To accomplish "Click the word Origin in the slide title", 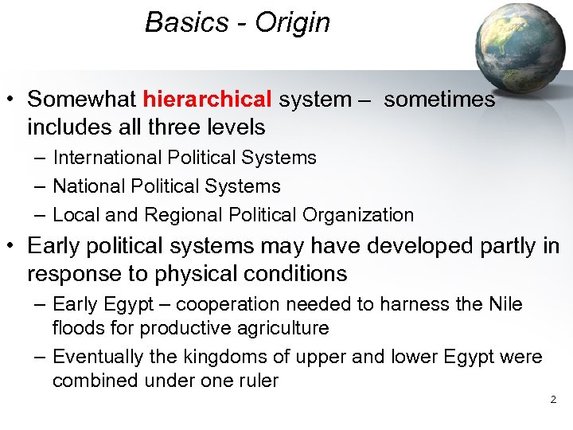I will (292, 22).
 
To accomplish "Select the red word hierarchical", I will (208, 100).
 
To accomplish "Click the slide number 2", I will (553, 399).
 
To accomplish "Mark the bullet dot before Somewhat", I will (11, 100).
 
